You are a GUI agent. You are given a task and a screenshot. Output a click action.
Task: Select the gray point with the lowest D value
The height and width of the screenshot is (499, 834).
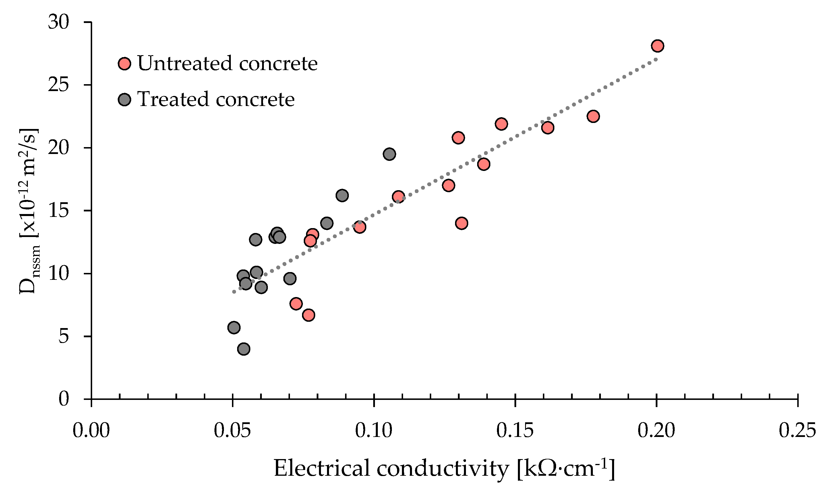[244, 349]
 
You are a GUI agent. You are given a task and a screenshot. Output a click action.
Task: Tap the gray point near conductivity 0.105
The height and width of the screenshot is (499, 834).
[389, 154]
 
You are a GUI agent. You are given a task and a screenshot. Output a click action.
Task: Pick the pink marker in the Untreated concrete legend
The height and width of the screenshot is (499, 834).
[125, 63]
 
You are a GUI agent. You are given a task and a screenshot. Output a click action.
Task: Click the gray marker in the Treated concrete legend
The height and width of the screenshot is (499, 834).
[125, 99]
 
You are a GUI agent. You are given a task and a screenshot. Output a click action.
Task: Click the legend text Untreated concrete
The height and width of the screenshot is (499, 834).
[227, 63]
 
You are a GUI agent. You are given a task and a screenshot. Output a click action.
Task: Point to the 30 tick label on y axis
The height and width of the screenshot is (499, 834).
[59, 22]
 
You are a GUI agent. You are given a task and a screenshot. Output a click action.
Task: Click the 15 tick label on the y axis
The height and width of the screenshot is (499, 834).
[59, 211]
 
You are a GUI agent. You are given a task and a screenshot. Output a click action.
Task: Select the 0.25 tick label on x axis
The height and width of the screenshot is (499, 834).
[797, 430]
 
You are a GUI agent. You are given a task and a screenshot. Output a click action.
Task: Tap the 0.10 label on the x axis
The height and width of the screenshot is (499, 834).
[374, 430]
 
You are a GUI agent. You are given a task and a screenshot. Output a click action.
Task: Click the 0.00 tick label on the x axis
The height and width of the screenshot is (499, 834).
[91, 430]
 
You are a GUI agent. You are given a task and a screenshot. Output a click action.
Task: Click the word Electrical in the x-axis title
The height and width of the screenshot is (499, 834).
[322, 468]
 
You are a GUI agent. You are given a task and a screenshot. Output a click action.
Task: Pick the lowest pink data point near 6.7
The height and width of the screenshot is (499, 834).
[308, 315]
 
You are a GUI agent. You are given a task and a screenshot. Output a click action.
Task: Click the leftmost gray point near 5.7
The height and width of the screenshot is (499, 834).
[234, 327]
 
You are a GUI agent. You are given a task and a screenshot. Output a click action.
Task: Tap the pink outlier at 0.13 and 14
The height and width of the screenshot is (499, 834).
[462, 223]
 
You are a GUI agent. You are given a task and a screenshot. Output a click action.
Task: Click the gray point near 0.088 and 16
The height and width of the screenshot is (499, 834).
[342, 196]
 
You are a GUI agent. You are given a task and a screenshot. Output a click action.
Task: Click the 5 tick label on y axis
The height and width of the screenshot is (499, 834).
[63, 336]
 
